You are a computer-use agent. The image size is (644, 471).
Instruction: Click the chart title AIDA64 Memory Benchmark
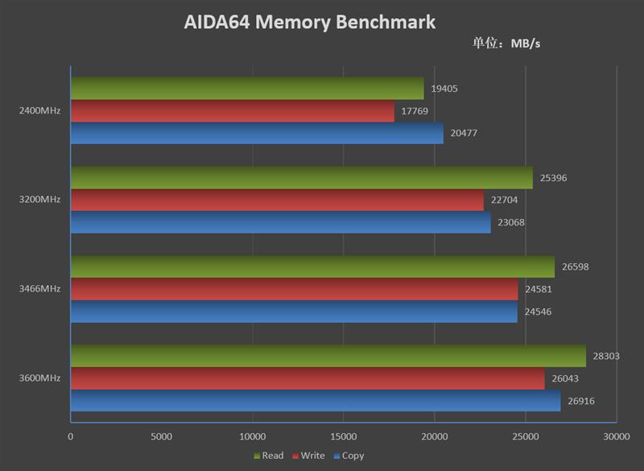point(310,22)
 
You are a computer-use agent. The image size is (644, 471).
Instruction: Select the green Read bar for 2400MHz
point(247,89)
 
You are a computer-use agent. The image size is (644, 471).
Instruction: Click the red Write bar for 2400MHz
point(233,111)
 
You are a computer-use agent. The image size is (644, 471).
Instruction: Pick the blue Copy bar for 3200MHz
point(280,222)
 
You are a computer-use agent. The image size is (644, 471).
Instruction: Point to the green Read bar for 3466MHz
point(312,266)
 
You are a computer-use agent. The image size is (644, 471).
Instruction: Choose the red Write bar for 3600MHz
point(308,378)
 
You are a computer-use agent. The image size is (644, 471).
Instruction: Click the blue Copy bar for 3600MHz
point(316,400)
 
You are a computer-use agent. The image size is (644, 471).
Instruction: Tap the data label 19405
point(444,89)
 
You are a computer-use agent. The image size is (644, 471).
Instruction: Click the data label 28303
point(606,356)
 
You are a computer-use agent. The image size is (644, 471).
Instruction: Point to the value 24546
point(538,312)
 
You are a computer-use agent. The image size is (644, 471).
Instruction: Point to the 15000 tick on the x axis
point(343,436)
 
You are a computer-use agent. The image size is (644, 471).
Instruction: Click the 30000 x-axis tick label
point(616,436)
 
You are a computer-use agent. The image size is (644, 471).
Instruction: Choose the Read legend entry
point(269,456)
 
